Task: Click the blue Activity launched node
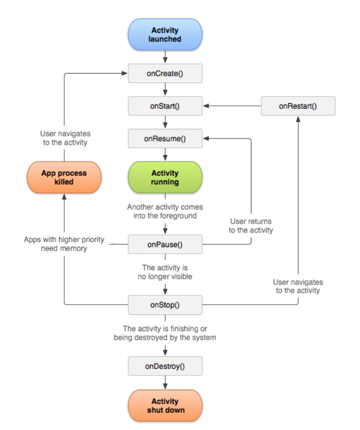point(165,35)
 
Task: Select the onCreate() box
point(165,74)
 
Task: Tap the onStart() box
point(165,106)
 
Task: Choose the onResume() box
point(165,139)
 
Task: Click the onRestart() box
point(298,106)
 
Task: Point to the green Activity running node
point(165,178)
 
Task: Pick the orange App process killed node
point(64,178)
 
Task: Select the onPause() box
point(165,244)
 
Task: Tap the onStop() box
point(165,305)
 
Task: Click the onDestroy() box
point(165,366)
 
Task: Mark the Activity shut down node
point(165,406)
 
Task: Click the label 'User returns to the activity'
point(251,226)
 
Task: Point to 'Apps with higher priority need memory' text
point(64,244)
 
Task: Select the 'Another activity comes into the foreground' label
point(165,211)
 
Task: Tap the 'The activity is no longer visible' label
point(165,272)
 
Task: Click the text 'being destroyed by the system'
point(165,337)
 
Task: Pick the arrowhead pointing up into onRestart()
point(298,119)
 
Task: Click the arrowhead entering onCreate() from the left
point(125,73)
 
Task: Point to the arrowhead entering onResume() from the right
point(206,139)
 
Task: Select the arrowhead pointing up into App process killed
point(64,197)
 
